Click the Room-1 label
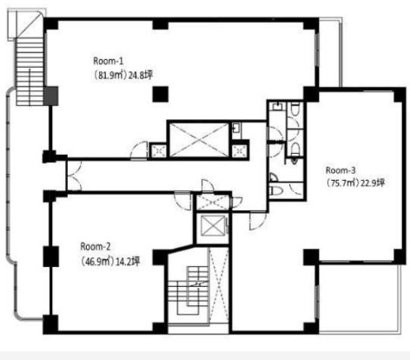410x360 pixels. coord(109,61)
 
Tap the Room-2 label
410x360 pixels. coord(96,247)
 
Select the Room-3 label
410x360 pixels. coord(341,170)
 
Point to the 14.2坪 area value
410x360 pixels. coord(128,262)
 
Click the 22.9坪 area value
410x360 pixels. coord(373,183)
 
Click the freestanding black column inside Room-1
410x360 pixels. coord(160,94)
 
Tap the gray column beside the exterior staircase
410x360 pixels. coord(51,96)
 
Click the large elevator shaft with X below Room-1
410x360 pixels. coord(199,139)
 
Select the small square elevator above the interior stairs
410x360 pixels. coord(213,226)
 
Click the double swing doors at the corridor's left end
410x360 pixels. coord(74,176)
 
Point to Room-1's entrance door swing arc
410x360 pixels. coord(139,150)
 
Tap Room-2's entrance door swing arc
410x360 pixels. coord(182,201)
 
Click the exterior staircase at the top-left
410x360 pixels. coord(30,71)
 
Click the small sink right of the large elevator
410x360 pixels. coord(235,128)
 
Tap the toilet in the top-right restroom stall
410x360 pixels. coord(294,109)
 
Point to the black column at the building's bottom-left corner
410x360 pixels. coord(50,324)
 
